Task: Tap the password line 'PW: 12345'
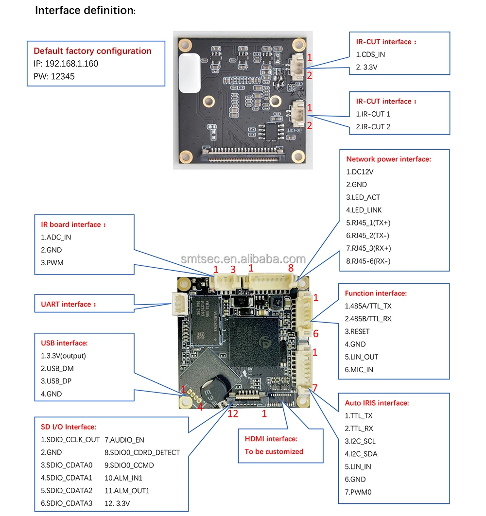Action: click(54, 76)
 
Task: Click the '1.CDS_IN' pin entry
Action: click(370, 54)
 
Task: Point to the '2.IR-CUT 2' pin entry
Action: click(373, 127)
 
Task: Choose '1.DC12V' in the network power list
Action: click(360, 172)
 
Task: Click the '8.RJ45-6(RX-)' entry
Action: click(368, 261)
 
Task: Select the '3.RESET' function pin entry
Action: click(357, 331)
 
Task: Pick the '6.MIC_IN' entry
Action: click(359, 369)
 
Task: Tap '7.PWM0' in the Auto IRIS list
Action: click(359, 492)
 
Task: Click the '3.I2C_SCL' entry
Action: click(360, 441)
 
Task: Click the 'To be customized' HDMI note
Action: click(274, 451)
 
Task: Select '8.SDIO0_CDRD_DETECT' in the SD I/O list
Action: click(142, 452)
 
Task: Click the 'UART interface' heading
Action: click(65, 304)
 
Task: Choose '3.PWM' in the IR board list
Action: click(52, 262)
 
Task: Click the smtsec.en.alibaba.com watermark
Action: click(243, 259)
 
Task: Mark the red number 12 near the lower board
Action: click(233, 413)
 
